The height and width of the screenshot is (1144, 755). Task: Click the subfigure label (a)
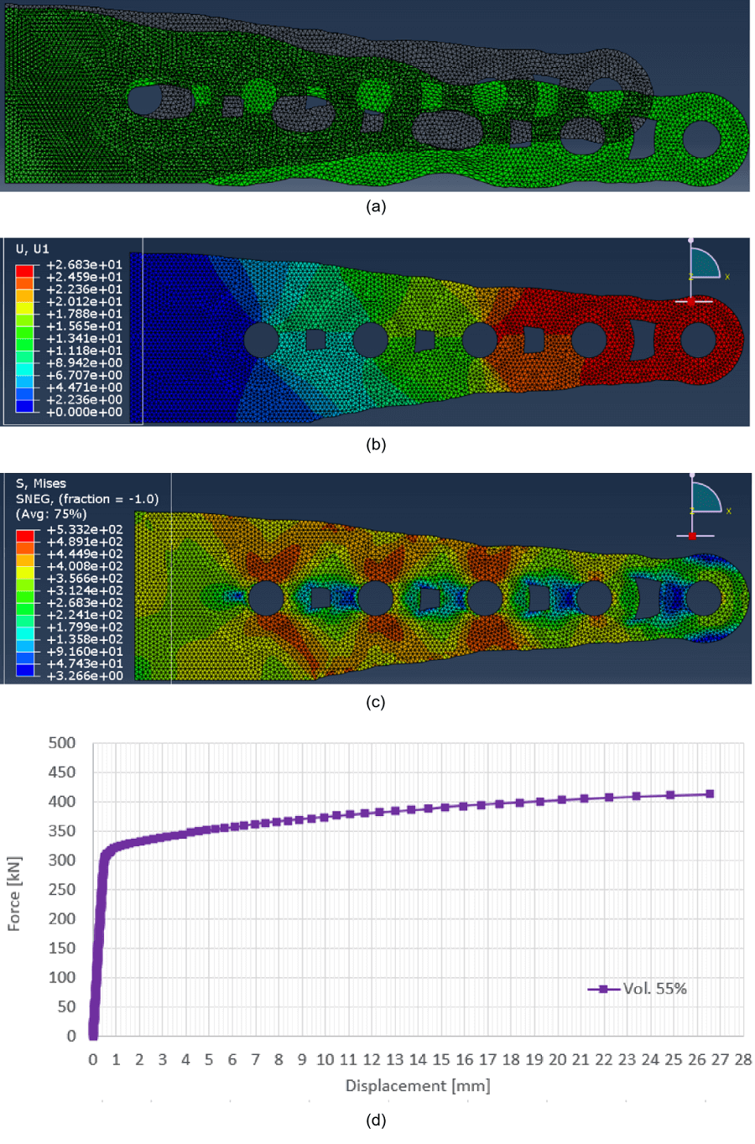coord(376,206)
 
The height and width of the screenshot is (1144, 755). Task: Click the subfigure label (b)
coord(376,445)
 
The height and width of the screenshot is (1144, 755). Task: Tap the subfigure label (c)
coord(376,702)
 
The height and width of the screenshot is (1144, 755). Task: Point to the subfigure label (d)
coord(376,1120)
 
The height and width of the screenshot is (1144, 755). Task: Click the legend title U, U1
coord(33,249)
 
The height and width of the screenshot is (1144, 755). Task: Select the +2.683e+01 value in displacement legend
coord(84,265)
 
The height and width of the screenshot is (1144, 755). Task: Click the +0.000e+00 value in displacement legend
coord(84,412)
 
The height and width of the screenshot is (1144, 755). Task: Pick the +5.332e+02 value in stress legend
coord(84,530)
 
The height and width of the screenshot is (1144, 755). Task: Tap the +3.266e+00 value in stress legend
coord(84,675)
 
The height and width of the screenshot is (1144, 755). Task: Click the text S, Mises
coord(40,483)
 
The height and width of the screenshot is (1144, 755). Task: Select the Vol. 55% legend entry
coord(654,989)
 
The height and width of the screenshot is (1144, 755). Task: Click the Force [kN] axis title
coord(13,893)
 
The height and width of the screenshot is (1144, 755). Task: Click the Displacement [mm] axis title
coord(418,1085)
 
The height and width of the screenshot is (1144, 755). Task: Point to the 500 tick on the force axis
coord(62,743)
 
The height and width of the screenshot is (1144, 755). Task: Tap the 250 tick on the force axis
coord(62,890)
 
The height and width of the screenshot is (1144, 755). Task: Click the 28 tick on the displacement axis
coord(742,1059)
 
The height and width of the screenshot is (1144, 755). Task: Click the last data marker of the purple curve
coord(710,793)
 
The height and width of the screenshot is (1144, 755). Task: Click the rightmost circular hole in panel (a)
coord(701,138)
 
